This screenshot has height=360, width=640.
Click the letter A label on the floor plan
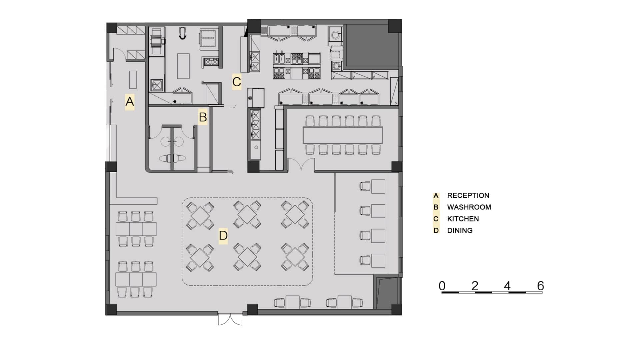coord(130,101)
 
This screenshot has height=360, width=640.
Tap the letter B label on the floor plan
coord(203,117)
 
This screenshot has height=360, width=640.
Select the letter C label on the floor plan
coord(237,82)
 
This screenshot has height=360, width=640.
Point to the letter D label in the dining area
coord(223,235)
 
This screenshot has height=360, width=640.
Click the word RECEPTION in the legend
coord(468,196)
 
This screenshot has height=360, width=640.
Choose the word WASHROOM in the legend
coord(469,207)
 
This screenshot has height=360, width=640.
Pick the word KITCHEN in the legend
coord(463,219)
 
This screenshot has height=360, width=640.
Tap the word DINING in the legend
coord(460,231)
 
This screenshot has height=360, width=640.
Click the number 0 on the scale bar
coord(442,286)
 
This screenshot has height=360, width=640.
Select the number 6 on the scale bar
coord(540,286)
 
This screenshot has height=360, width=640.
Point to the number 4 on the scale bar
coord(507,286)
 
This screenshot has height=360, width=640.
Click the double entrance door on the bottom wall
coord(230,319)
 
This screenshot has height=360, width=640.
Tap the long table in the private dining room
coord(343,135)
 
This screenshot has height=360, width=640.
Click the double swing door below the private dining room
coord(301,164)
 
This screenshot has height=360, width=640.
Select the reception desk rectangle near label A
coord(133,80)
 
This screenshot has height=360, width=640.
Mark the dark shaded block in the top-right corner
coord(372,45)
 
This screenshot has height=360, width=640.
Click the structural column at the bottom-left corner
coord(111,310)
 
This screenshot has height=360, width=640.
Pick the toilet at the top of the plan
coord(182,33)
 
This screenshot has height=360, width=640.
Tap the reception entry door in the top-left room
coord(119,54)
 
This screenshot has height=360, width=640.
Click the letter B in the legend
coord(436,207)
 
